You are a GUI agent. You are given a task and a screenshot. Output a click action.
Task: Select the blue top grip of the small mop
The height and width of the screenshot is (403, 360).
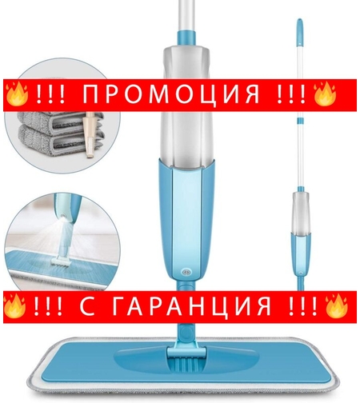click(x=299, y=32)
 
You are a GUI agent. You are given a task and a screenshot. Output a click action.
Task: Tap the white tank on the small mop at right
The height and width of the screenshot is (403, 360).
click(x=301, y=209)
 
